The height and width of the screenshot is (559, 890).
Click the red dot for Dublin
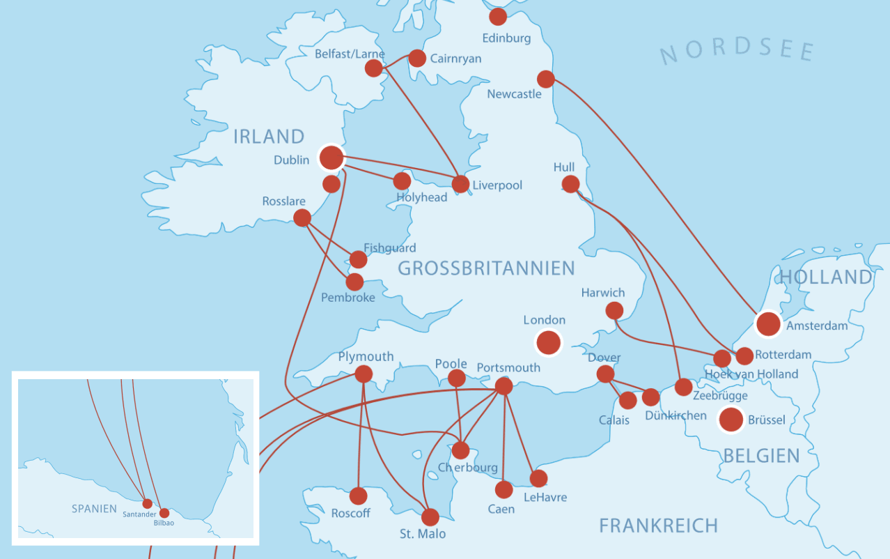(331, 158)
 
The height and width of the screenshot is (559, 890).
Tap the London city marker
(548, 342)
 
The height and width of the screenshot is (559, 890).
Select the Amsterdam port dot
(768, 323)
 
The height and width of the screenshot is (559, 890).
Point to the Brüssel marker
(731, 420)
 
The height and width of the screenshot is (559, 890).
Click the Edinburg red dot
(498, 17)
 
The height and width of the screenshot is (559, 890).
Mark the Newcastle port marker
(546, 79)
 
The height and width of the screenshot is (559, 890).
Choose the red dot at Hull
(570, 184)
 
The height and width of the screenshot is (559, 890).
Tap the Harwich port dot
(614, 310)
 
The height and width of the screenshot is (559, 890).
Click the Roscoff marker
(358, 496)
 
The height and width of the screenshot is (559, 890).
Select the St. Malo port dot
(430, 517)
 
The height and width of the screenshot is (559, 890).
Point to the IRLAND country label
(269, 137)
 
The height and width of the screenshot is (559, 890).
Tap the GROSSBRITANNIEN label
(486, 268)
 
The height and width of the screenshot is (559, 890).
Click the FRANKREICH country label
(658, 526)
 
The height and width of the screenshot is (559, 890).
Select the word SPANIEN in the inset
(94, 509)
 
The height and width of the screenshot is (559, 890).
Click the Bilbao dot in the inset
(164, 513)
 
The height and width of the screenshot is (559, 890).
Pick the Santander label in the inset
(139, 514)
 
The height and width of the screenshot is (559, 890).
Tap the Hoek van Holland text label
(751, 374)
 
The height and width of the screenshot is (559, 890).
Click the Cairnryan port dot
(417, 58)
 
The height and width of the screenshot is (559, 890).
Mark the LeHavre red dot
(538, 478)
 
